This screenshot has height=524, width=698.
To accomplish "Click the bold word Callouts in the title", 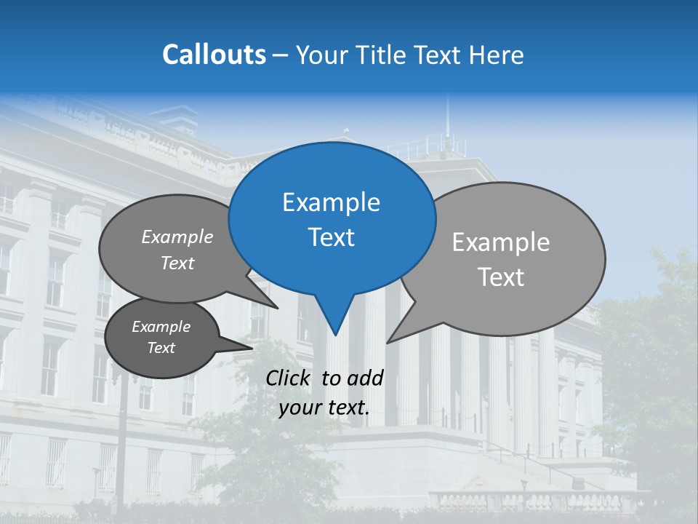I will tap(214, 55).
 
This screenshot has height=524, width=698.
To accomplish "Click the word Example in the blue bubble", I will tap(331, 202).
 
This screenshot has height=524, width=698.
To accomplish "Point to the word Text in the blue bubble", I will tap(331, 237).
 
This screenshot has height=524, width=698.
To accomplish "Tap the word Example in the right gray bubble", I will tap(500, 242).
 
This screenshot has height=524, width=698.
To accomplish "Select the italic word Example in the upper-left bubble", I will tap(177, 237).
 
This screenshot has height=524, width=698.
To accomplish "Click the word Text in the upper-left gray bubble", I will tap(177, 263).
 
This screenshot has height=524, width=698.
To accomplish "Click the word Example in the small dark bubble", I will tap(161, 327).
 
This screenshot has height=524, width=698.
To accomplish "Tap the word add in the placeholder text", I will tap(364, 378).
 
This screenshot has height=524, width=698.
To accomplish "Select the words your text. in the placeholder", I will tap(324, 408).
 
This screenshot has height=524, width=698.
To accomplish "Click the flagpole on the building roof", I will tap(447, 120).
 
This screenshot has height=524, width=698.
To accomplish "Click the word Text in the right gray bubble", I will tap(501, 277).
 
